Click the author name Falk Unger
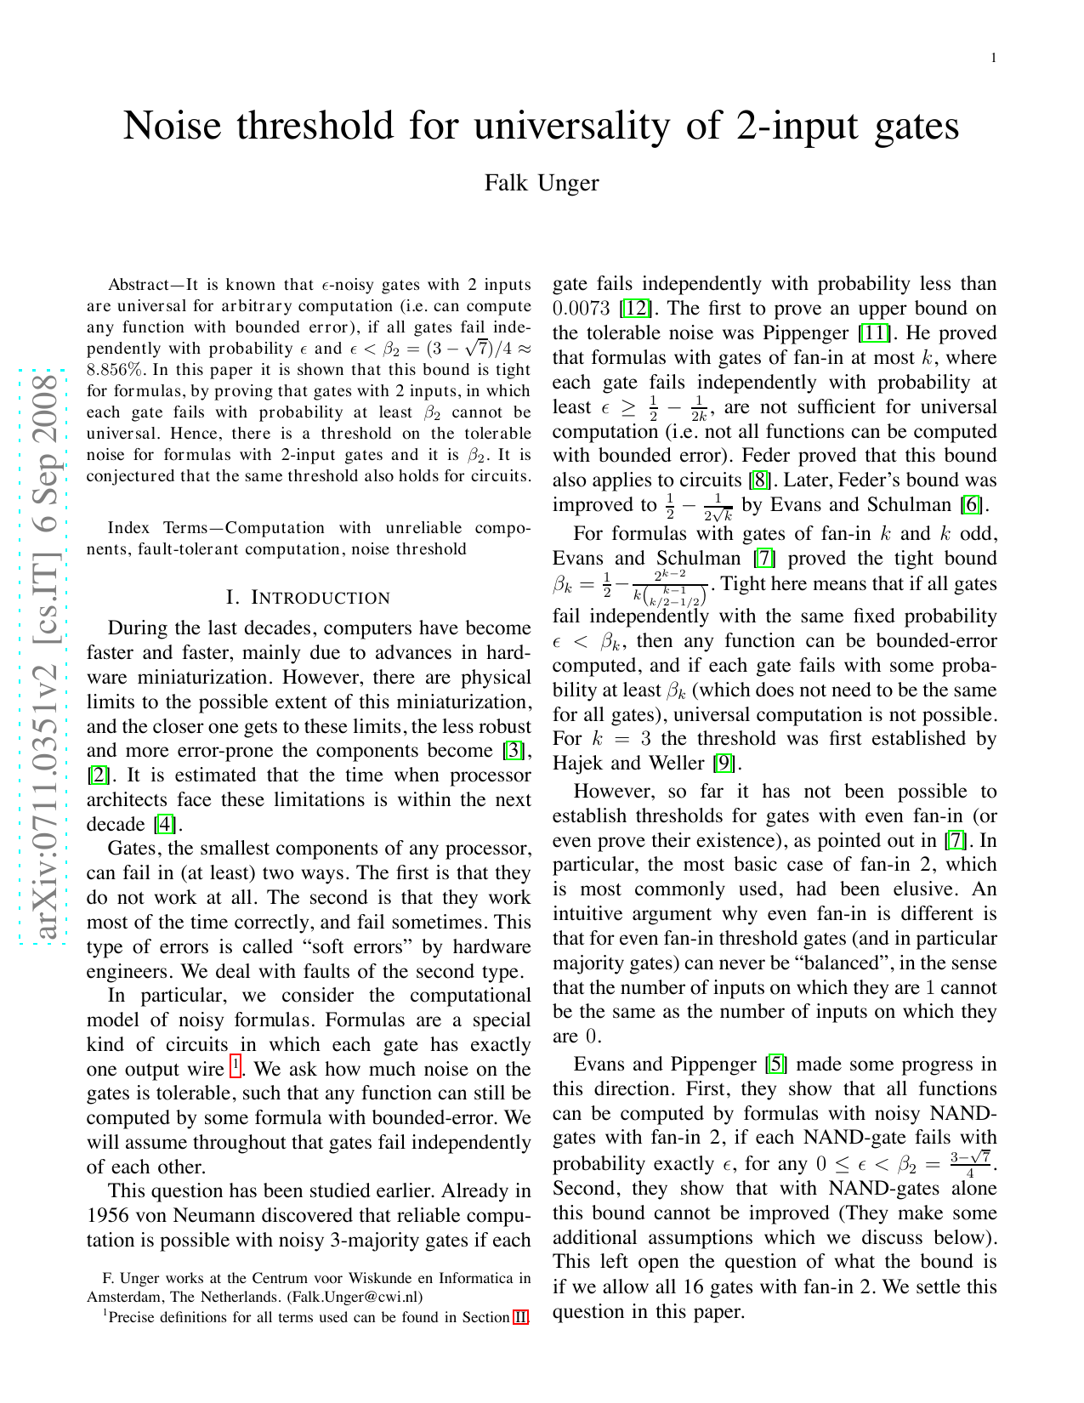pyautogui.click(x=542, y=183)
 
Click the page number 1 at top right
pyautogui.click(x=993, y=58)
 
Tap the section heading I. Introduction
pyautogui.click(x=309, y=598)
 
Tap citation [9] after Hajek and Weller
pyautogui.click(x=725, y=764)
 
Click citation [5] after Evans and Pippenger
pyautogui.click(x=775, y=1065)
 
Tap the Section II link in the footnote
pyautogui.click(x=520, y=1318)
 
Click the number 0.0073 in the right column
pyautogui.click(x=582, y=309)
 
